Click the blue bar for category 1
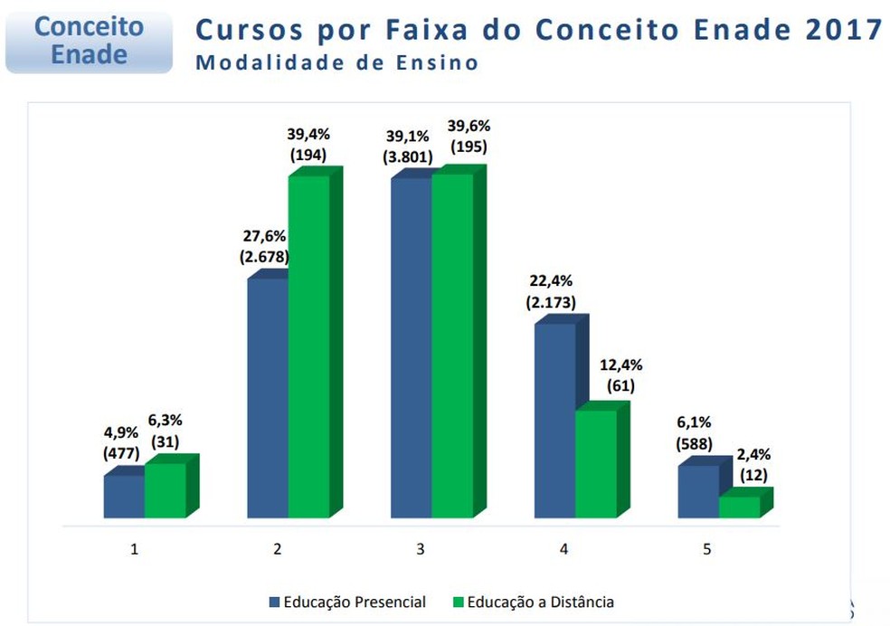tap(124, 496)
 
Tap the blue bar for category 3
tap(411, 348)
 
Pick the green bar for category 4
tap(595, 464)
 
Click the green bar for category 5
tap(739, 507)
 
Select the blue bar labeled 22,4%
tap(554, 420)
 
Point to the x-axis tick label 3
tap(421, 549)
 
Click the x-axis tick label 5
tap(706, 549)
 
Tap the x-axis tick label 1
tap(134, 549)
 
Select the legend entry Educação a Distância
tap(533, 602)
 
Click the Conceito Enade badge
tap(88, 41)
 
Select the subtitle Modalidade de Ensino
tap(336, 64)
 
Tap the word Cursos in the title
tap(243, 31)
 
